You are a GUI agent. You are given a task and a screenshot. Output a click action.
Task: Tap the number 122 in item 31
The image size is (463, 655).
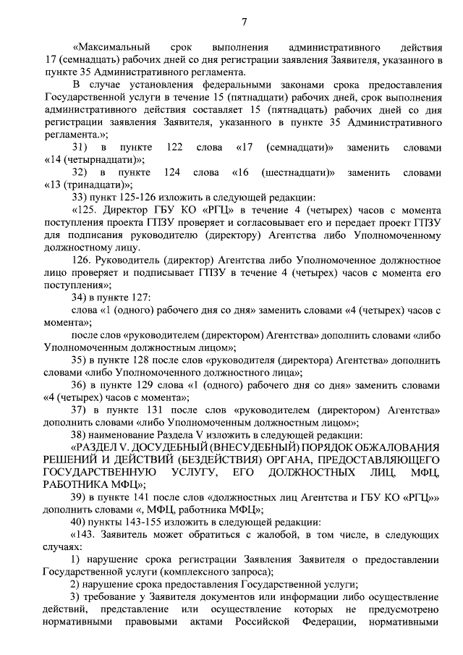(x=174, y=148)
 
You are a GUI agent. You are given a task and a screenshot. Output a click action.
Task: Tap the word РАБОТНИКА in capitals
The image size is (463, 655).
(x=78, y=484)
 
